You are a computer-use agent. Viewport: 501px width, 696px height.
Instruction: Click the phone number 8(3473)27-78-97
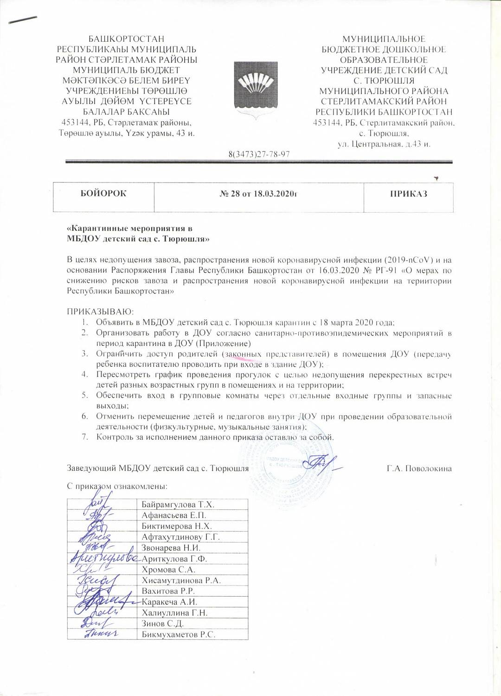click(259, 154)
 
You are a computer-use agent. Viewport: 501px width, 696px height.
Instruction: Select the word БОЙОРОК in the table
click(103, 194)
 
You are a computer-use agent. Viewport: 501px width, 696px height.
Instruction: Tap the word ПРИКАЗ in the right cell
click(408, 194)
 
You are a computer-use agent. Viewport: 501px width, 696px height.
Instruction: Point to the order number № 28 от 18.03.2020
click(258, 194)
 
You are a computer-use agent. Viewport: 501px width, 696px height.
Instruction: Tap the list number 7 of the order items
click(85, 437)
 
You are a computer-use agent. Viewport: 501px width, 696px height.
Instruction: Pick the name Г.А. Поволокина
click(419, 468)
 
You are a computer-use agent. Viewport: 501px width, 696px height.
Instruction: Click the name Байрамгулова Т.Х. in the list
click(178, 504)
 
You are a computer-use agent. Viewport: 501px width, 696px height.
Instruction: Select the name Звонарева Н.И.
click(171, 548)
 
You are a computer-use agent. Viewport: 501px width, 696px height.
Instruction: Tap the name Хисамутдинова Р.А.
click(181, 580)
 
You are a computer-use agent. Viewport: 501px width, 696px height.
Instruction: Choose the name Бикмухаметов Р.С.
click(179, 634)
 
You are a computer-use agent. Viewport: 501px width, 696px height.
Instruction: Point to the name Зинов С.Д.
click(163, 624)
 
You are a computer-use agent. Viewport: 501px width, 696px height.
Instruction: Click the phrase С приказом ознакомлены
click(117, 487)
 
